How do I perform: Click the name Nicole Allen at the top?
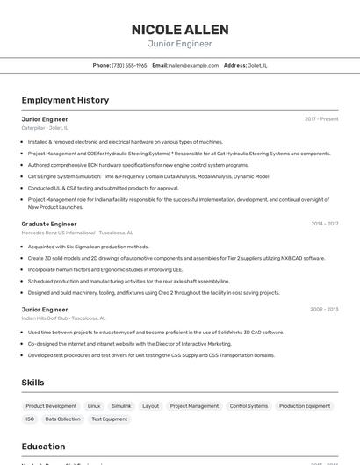tap(180, 30)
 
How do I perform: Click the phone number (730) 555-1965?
tap(129, 65)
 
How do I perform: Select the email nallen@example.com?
tap(193, 65)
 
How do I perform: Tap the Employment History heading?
tap(65, 101)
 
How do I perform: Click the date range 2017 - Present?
tap(321, 119)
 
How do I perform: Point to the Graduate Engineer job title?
tap(49, 224)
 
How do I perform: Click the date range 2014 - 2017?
tap(324, 224)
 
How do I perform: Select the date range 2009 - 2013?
tap(324, 310)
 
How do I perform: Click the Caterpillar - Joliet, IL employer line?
tap(45, 128)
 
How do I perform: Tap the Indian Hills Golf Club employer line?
tap(63, 318)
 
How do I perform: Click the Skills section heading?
tap(32, 383)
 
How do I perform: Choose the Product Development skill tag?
tap(51, 406)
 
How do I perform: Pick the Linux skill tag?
tap(94, 406)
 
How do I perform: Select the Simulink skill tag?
tap(121, 406)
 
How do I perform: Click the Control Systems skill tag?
tap(248, 406)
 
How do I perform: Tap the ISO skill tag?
tap(30, 419)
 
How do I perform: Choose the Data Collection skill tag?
tap(62, 419)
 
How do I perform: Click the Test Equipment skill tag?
tap(110, 419)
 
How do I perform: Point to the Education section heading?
tap(44, 447)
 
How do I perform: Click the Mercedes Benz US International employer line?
tap(77, 232)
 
